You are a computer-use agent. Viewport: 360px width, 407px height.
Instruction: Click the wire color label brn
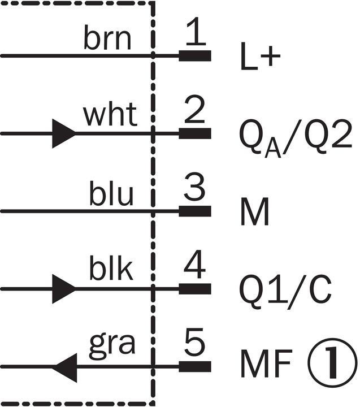108,40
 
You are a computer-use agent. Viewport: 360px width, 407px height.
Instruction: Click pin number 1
195,35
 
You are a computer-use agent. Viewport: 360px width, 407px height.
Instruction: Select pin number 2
194,112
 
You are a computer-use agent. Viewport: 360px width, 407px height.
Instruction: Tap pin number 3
194,190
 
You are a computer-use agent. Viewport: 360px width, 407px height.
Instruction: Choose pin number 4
194,267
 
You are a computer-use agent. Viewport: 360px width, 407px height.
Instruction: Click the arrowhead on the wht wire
63,133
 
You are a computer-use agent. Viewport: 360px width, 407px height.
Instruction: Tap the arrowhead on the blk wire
63,289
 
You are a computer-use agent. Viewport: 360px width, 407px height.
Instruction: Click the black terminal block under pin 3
195,211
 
